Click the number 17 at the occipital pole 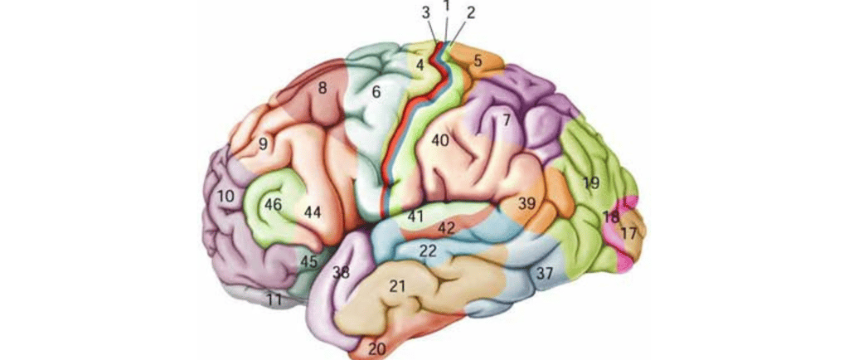tap(628, 234)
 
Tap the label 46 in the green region tap(274, 203)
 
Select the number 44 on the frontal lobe tap(312, 212)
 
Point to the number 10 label tap(226, 197)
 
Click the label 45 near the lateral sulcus tap(308, 261)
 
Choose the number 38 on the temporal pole tap(340, 271)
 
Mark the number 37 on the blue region tap(544, 273)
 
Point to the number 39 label tap(527, 203)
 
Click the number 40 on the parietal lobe tap(439, 141)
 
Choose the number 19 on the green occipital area tap(590, 182)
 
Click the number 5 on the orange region tap(478, 60)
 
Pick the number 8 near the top tap(322, 86)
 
